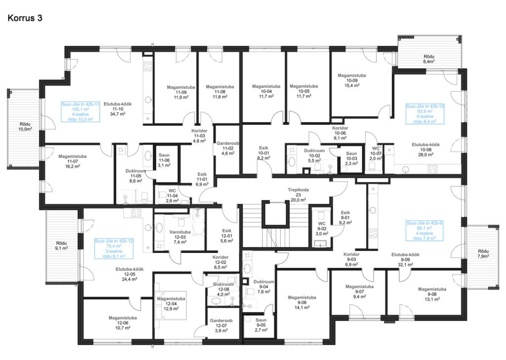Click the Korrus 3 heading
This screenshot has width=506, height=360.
[25, 18]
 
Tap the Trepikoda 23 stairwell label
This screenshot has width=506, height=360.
[298, 195]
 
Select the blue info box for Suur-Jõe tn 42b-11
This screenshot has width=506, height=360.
[81, 112]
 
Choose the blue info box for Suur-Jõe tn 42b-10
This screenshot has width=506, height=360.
[424, 114]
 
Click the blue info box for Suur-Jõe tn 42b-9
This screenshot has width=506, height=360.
[424, 231]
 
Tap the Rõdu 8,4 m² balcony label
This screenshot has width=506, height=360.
[429, 59]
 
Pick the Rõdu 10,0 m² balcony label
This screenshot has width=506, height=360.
[25, 126]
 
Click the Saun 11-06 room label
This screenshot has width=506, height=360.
[164, 160]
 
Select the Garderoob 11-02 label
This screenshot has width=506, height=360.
[227, 148]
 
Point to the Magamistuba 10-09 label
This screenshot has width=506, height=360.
[352, 80]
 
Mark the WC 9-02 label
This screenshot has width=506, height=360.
[322, 228]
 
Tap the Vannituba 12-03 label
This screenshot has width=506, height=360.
[180, 237]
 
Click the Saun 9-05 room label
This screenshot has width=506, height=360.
[261, 325]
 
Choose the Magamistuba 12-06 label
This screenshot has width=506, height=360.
[123, 322]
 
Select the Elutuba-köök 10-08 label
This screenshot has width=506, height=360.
[425, 150]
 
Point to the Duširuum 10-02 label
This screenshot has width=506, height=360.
[314, 156]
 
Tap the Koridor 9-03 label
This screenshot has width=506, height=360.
[351, 259]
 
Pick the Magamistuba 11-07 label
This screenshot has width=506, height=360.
[73, 161]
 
